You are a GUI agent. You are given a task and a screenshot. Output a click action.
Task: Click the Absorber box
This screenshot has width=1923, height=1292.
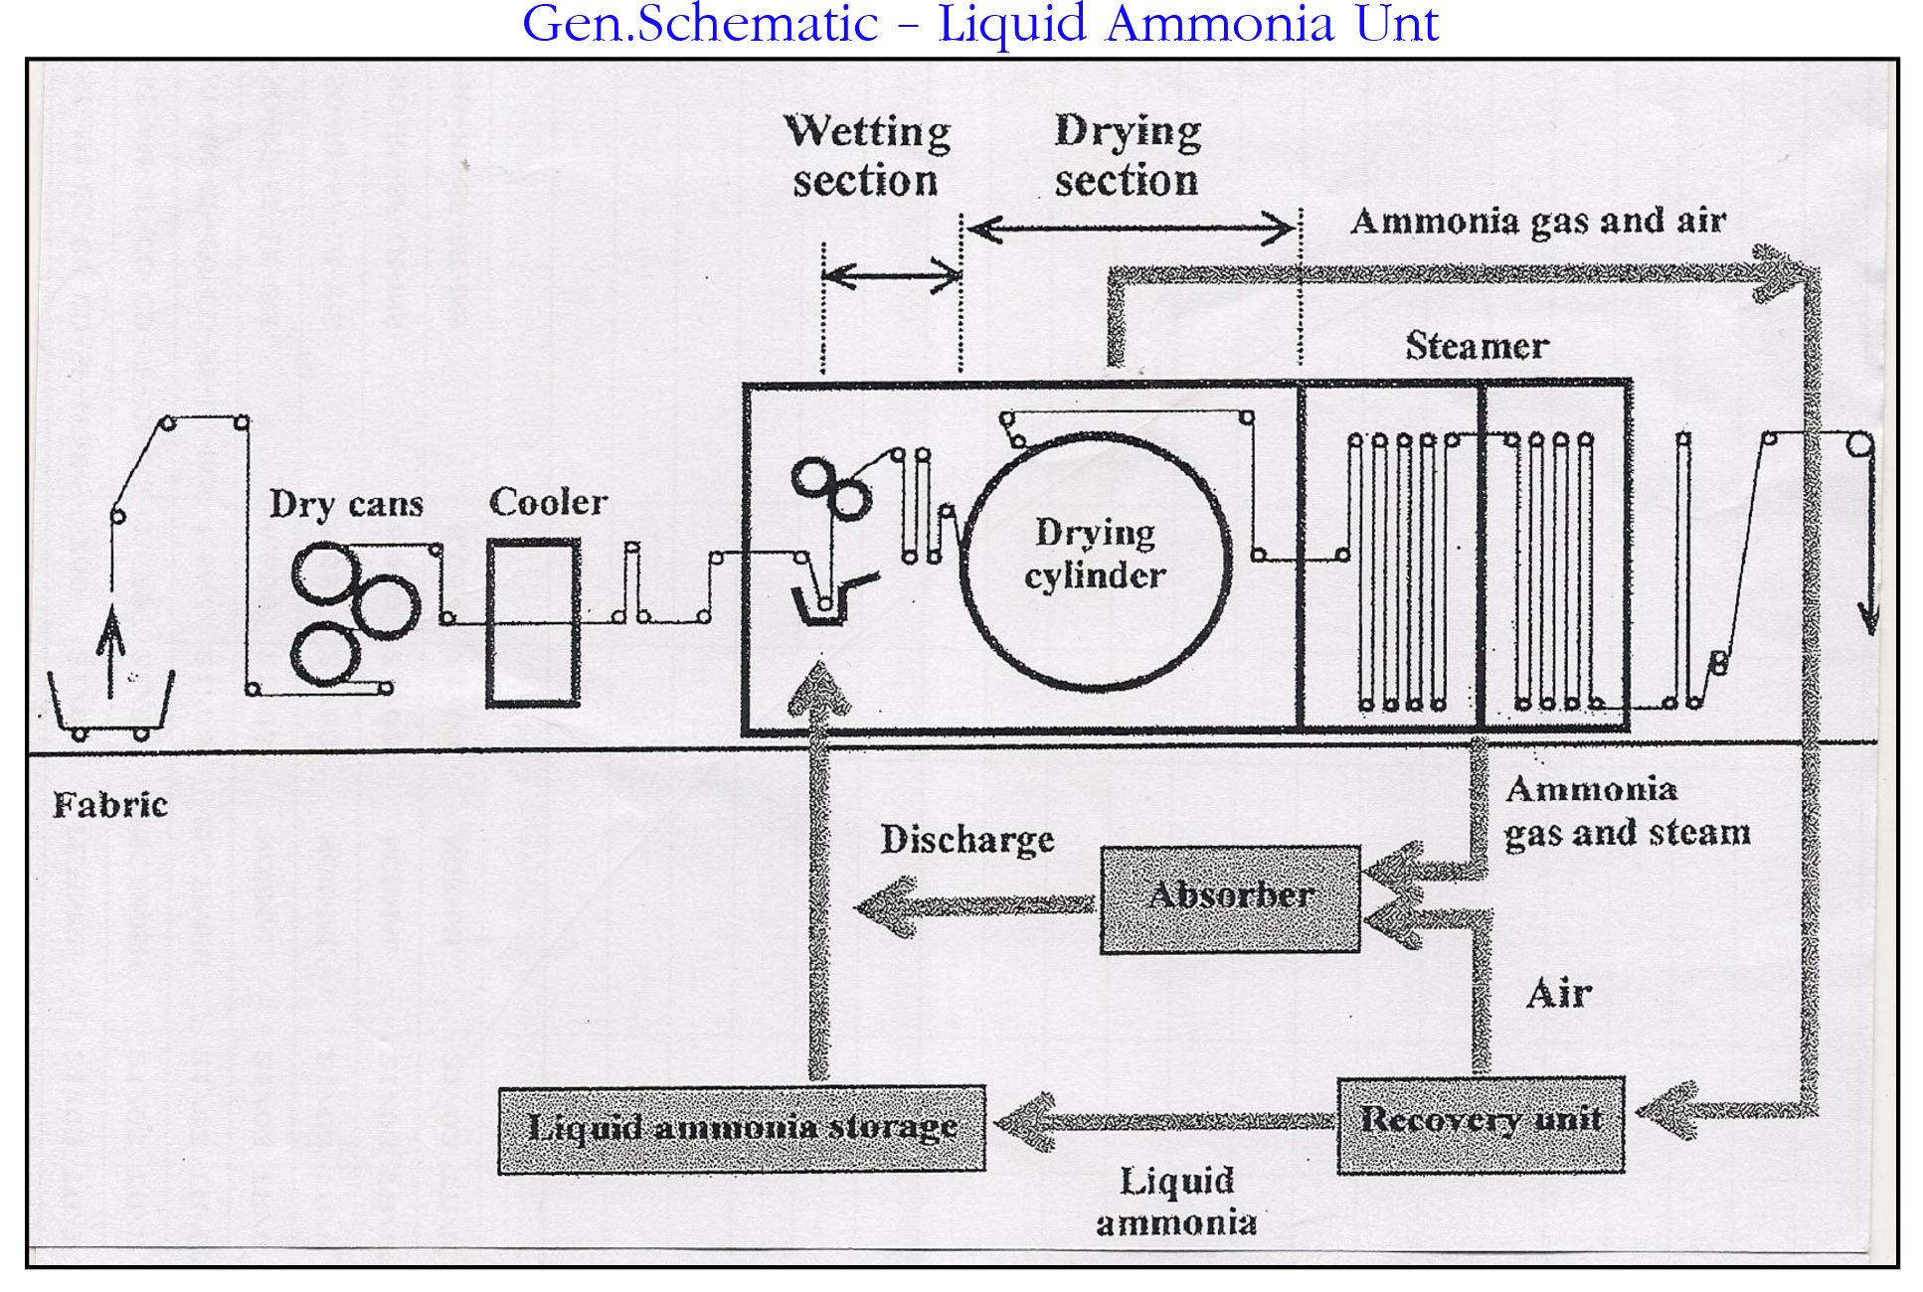point(1230,899)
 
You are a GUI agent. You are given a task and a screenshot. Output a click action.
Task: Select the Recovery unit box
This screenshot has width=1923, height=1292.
point(1481,1124)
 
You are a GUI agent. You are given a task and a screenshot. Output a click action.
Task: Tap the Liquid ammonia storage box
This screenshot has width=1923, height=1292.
point(742,1129)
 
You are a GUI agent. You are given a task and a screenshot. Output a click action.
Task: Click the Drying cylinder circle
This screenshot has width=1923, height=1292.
point(1097,561)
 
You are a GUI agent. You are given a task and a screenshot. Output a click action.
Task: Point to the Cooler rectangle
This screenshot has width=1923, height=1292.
point(533,622)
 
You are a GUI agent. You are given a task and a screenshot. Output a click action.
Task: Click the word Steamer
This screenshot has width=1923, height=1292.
point(1477,346)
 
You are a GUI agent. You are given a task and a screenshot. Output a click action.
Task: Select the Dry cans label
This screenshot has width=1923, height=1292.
point(346,504)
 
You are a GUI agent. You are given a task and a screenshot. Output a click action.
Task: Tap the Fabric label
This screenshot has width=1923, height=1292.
point(109,804)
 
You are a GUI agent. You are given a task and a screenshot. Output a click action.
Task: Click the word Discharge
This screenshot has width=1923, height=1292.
point(966,840)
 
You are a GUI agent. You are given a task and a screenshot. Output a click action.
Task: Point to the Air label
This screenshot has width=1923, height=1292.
point(1558,993)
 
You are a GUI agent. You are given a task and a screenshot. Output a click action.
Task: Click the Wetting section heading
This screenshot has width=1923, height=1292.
point(866,156)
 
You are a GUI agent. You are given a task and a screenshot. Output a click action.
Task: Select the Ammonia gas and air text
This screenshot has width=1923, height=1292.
point(1537,221)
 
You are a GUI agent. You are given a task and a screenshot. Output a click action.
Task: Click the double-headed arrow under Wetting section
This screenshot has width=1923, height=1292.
point(892,275)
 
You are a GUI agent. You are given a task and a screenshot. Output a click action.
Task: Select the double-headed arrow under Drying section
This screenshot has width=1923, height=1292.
point(1131,230)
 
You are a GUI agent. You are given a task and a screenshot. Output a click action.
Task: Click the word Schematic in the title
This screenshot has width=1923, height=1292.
point(758,23)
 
